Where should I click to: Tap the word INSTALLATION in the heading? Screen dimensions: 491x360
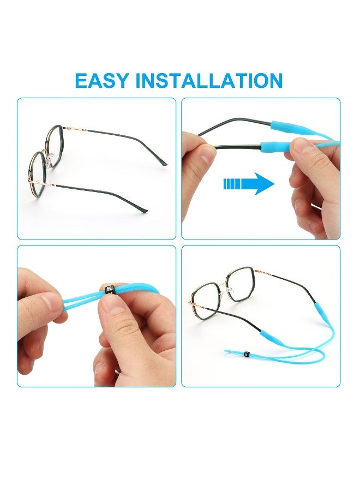point(209,81)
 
